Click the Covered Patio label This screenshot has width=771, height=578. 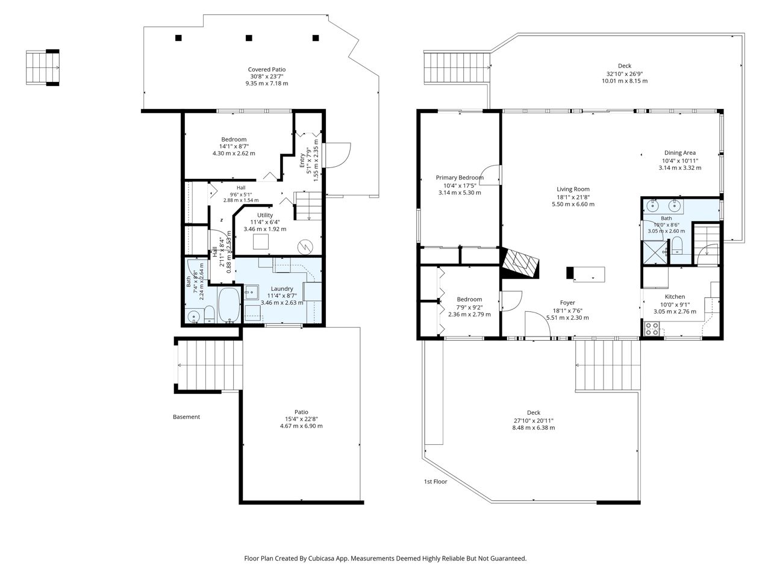(267, 69)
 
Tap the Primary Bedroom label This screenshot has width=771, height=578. (460, 178)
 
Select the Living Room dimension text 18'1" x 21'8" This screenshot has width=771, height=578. (573, 197)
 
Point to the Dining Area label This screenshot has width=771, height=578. (679, 153)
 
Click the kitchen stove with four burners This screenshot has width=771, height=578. (652, 329)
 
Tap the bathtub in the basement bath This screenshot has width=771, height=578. (229, 305)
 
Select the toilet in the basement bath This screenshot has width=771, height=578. (210, 314)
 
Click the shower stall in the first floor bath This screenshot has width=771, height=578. (655, 252)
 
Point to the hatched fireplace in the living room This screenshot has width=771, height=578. (520, 263)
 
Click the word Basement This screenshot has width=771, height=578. (186, 417)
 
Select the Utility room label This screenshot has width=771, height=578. (265, 215)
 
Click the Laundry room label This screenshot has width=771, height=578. (282, 288)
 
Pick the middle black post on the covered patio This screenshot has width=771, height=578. (249, 38)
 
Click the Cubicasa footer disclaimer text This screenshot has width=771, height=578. (385, 558)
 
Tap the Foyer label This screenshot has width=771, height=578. (567, 302)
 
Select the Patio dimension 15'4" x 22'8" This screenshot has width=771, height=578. (301, 419)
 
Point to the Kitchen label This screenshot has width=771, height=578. (675, 297)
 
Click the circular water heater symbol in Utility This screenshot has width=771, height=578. (305, 247)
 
